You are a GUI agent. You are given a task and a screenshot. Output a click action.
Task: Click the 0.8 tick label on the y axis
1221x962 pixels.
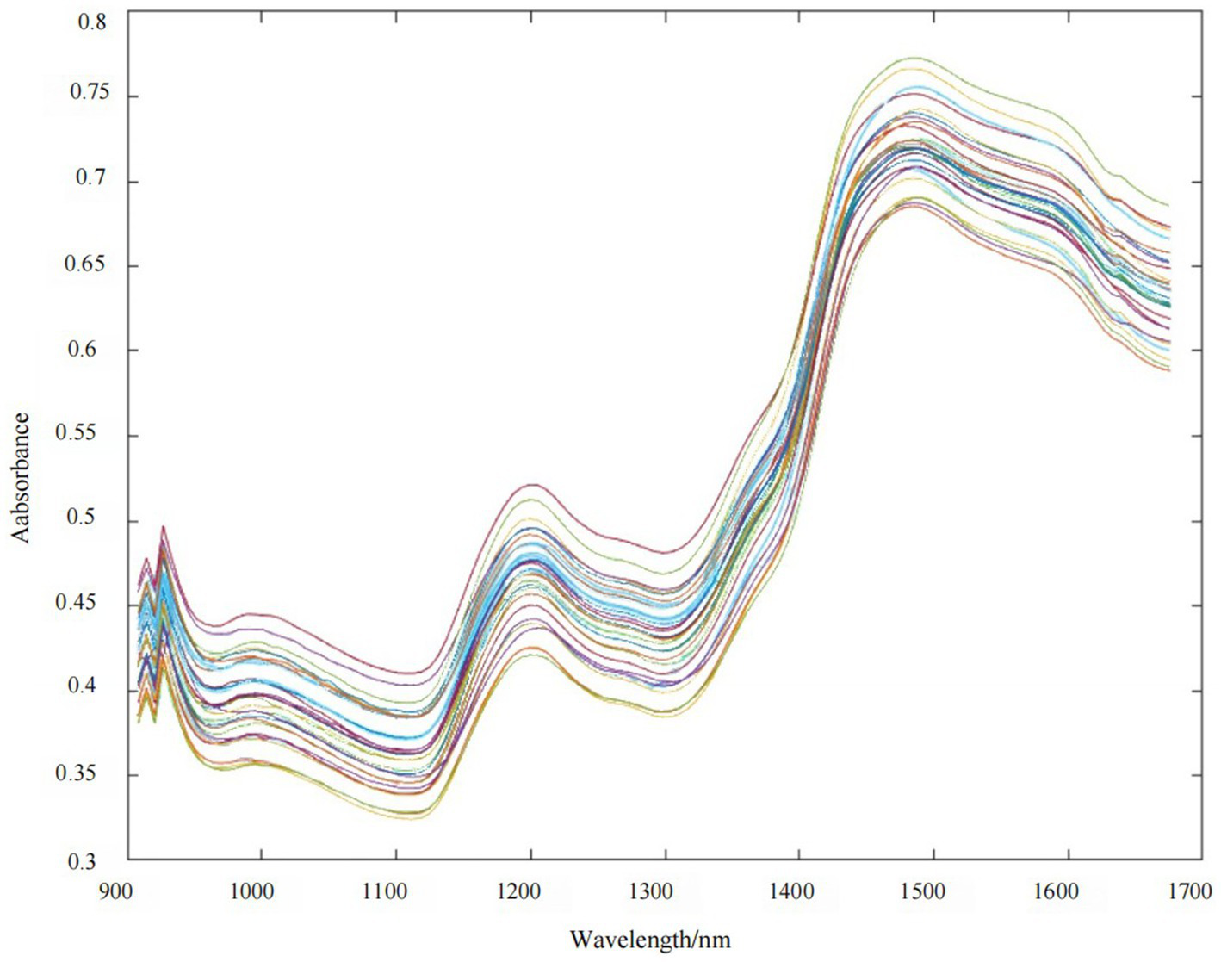coord(92,22)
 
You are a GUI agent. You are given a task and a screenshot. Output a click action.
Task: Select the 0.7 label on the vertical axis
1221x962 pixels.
coord(92,178)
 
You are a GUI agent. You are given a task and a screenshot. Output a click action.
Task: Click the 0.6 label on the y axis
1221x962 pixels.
coord(92,349)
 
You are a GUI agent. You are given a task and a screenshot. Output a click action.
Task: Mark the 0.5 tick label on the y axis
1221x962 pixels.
coord(92,519)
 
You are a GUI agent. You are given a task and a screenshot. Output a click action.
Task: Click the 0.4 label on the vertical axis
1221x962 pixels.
coord(92,689)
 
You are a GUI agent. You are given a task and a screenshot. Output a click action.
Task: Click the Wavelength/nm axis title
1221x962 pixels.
coord(649,939)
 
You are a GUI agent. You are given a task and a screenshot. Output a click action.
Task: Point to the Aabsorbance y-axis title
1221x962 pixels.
coord(21,477)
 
